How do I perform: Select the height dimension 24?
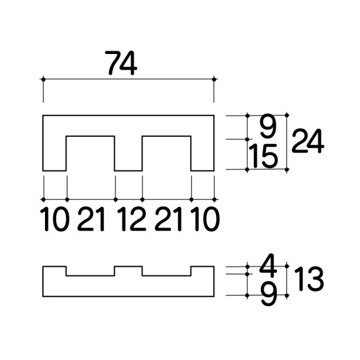pyautogui.click(x=308, y=141)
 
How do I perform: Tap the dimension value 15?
pyautogui.click(x=263, y=156)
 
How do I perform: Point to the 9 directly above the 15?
pyautogui.click(x=268, y=127)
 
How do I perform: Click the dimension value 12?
pyautogui.click(x=131, y=219)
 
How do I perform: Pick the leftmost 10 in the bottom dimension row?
pyautogui.click(x=55, y=219)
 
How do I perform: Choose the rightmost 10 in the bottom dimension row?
pyautogui.click(x=205, y=219)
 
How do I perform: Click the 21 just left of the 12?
pyautogui.click(x=91, y=219)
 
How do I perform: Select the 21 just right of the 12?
pyautogui.click(x=168, y=219)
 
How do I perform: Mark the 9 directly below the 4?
pyautogui.click(x=269, y=294)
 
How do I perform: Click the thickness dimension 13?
pyautogui.click(x=309, y=279)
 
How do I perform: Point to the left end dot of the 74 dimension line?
pyautogui.click(x=43, y=79)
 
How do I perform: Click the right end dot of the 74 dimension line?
pyautogui.click(x=214, y=79)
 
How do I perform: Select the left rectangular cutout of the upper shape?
pyautogui.click(x=91, y=154)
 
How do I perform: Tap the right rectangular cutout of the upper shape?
pyautogui.click(x=166, y=154)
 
